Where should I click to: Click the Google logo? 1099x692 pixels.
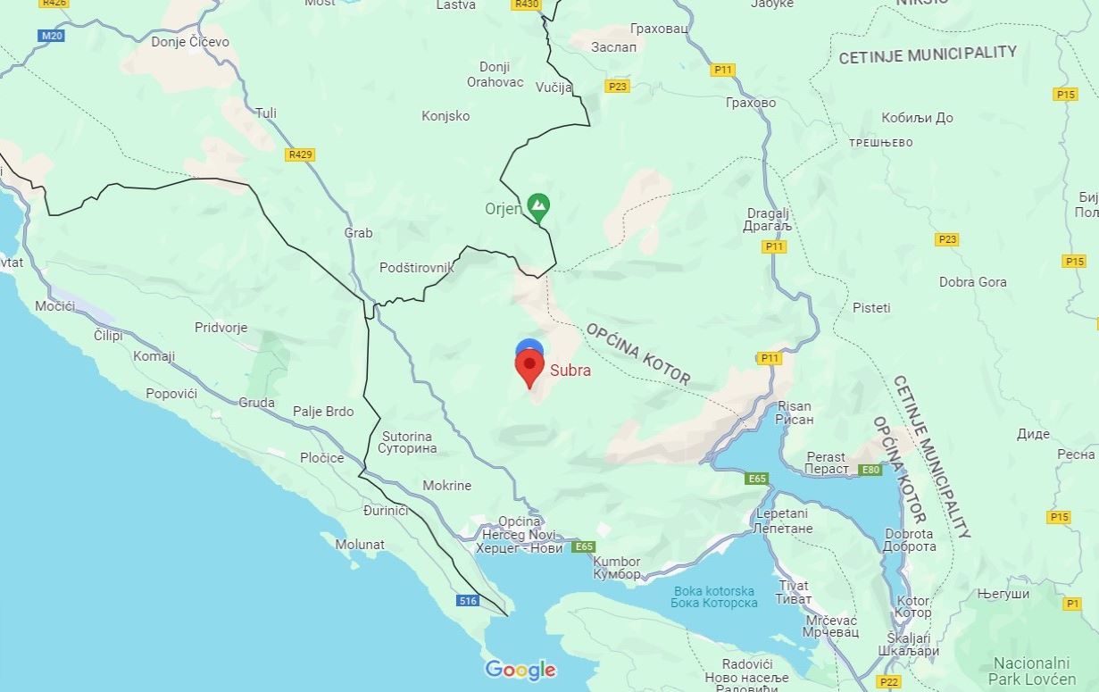coord(520,670)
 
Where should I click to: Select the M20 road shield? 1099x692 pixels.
coord(53,36)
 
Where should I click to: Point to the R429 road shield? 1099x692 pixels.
coord(301,154)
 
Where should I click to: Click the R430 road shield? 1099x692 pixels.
coord(528,4)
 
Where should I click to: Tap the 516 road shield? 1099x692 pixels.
coord(469,601)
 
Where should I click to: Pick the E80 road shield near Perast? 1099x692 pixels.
coord(870,470)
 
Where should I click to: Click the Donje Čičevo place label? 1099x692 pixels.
coord(190,42)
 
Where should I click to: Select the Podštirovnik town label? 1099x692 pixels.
coord(417,268)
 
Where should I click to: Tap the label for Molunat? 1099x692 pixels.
coord(360,544)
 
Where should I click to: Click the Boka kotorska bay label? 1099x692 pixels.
coord(714,596)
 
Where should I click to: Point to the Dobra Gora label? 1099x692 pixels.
coord(972,282)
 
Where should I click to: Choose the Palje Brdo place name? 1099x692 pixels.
coord(323,412)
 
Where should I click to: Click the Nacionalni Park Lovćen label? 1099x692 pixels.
coord(1044,671)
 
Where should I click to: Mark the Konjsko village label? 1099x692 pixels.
coord(445,116)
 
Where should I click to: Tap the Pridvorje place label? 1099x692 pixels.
coord(221,328)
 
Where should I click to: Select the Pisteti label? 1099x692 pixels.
coord(871,308)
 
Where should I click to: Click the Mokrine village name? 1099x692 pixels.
coord(447,486)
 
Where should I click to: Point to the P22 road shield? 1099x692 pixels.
coord(889,682)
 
